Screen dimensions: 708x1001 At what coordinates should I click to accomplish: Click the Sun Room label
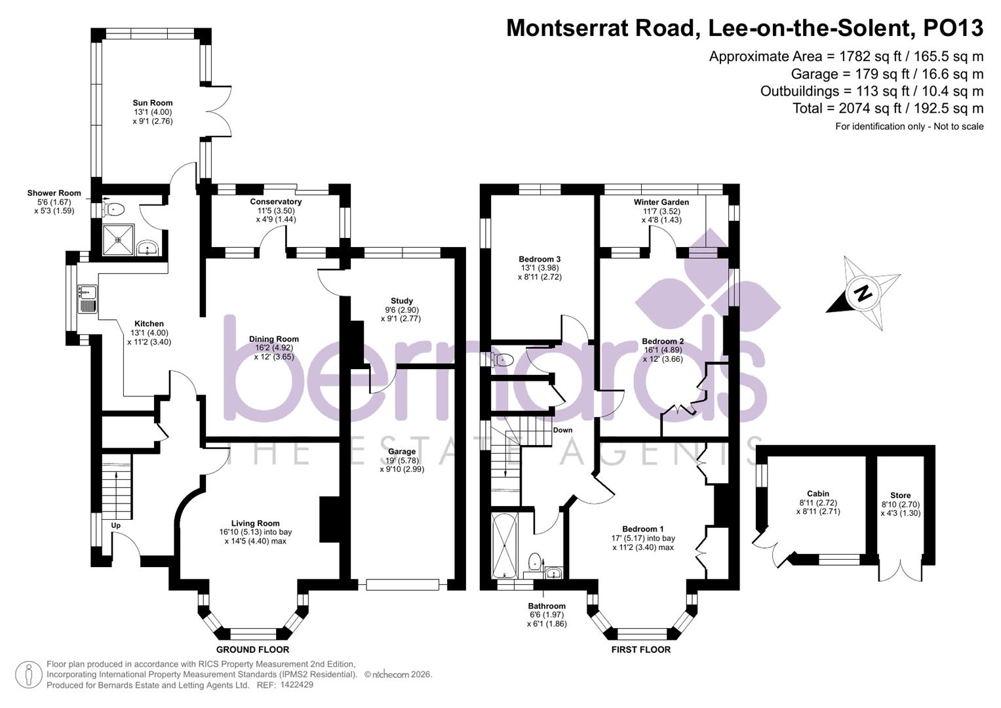coord(153,103)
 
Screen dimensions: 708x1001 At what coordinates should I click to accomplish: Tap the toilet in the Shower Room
coord(114,210)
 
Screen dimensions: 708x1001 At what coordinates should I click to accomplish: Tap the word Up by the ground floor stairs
coord(116,526)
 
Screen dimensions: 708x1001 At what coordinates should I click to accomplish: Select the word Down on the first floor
coord(562,430)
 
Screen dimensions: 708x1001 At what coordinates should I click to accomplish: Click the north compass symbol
coord(864,293)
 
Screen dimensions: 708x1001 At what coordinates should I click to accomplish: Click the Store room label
coord(900,496)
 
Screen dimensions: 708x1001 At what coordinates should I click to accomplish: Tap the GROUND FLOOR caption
coord(252,650)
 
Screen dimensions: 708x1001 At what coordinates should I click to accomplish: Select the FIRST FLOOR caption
coord(640,650)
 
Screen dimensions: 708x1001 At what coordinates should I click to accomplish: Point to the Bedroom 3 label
coord(540,259)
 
